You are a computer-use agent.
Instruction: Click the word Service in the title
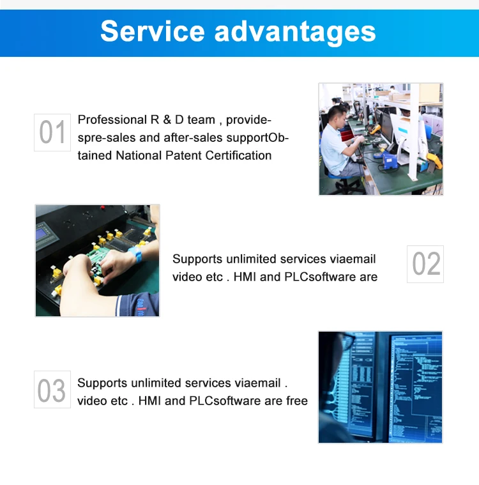pos(153,31)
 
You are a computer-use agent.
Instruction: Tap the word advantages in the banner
pos(295,33)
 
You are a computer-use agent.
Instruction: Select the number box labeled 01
pos(52,132)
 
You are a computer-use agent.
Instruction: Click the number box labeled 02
pos(425,264)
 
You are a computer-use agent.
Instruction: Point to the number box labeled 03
pos(52,389)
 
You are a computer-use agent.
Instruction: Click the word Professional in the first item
pos(112,119)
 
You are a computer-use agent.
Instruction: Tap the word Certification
pos(238,155)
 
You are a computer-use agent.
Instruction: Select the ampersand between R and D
pos(167,119)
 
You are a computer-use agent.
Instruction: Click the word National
pos(139,155)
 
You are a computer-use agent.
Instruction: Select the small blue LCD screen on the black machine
pos(42,234)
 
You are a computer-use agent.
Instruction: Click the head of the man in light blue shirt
pos(337,116)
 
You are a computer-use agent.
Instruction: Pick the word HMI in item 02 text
pos(245,277)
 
